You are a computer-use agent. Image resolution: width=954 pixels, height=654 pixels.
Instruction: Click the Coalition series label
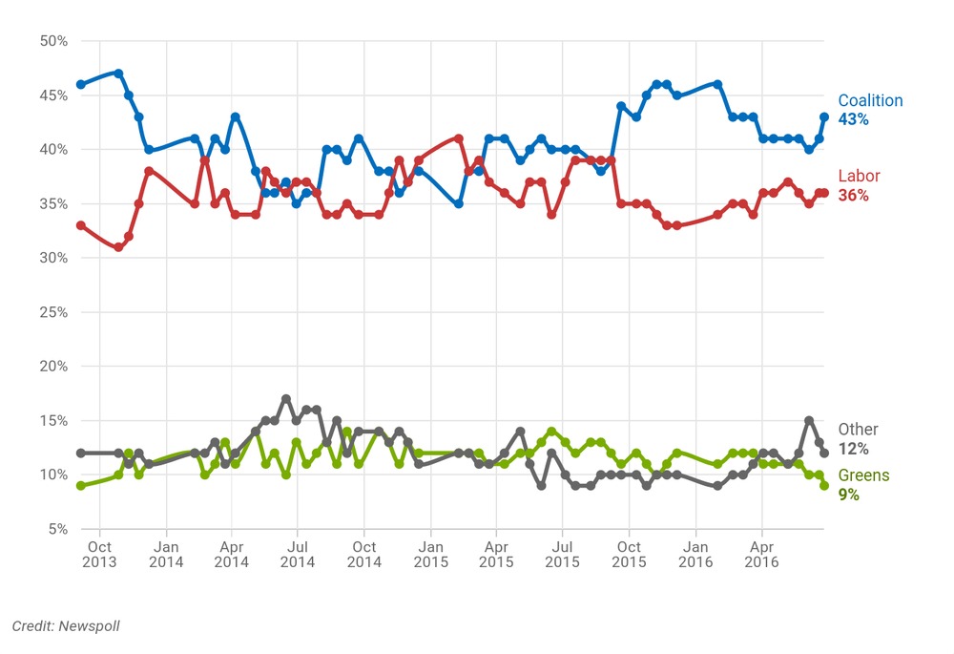[870, 100]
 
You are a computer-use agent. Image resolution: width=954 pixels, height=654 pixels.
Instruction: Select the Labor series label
[859, 176]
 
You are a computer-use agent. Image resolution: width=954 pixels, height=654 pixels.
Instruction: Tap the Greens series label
[863, 475]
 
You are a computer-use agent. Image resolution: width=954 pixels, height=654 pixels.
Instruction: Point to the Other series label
[858, 430]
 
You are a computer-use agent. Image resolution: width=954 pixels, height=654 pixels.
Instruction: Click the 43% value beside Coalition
[854, 119]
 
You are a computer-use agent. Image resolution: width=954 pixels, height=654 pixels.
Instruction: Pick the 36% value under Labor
[854, 195]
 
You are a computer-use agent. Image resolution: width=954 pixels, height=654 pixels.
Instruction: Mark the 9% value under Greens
[849, 495]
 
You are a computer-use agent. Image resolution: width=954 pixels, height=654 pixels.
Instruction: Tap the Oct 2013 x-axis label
[99, 554]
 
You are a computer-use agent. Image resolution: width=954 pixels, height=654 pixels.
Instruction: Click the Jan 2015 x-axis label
[429, 554]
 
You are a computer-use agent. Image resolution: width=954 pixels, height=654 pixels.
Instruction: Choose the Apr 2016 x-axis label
[761, 554]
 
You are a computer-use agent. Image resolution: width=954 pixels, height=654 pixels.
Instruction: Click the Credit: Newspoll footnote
[66, 625]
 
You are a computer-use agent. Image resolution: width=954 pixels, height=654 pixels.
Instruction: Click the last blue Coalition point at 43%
[824, 116]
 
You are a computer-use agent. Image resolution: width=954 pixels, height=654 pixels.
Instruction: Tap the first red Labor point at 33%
[81, 225]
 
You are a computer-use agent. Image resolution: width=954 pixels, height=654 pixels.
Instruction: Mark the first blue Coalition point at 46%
[81, 84]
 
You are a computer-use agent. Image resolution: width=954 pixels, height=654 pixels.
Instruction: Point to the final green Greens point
[824, 486]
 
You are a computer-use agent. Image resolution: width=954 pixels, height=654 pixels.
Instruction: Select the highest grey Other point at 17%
[286, 398]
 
